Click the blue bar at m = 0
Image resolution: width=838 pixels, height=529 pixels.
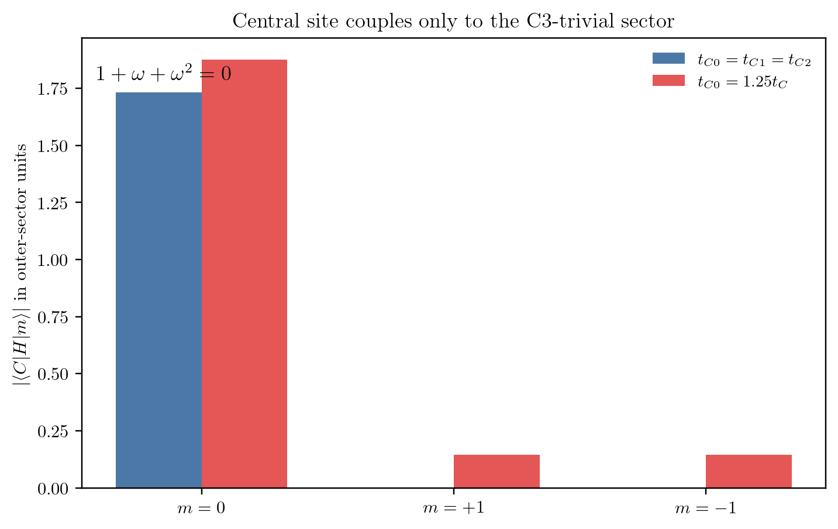(x=158, y=290)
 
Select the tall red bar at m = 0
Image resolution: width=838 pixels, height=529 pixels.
(x=244, y=274)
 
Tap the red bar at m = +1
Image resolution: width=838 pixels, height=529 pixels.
(x=496, y=471)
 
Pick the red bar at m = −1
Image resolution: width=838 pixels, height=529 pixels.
(x=749, y=471)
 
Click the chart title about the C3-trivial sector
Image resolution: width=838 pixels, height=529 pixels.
(x=453, y=21)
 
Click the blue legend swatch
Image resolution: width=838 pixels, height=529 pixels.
(x=668, y=58)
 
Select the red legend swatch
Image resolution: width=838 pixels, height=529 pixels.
(x=668, y=81)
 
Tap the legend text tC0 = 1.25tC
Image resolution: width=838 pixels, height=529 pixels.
(x=742, y=81)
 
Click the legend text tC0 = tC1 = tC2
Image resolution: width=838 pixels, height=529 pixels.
(x=754, y=60)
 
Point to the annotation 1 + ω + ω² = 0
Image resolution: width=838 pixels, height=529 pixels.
(x=164, y=73)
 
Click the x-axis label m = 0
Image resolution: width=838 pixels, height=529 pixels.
(x=201, y=508)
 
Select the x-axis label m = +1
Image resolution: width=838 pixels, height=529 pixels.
(x=454, y=508)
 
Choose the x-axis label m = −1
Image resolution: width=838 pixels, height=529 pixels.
(x=706, y=508)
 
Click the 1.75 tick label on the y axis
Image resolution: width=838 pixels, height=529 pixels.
(x=53, y=89)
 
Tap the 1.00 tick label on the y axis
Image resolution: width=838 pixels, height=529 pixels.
(x=53, y=260)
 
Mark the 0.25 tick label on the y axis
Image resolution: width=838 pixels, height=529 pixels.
(x=53, y=431)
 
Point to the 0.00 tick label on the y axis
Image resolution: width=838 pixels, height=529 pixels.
(x=53, y=489)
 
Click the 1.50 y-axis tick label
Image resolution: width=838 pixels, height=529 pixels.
(x=53, y=146)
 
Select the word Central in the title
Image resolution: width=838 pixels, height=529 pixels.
(x=266, y=21)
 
